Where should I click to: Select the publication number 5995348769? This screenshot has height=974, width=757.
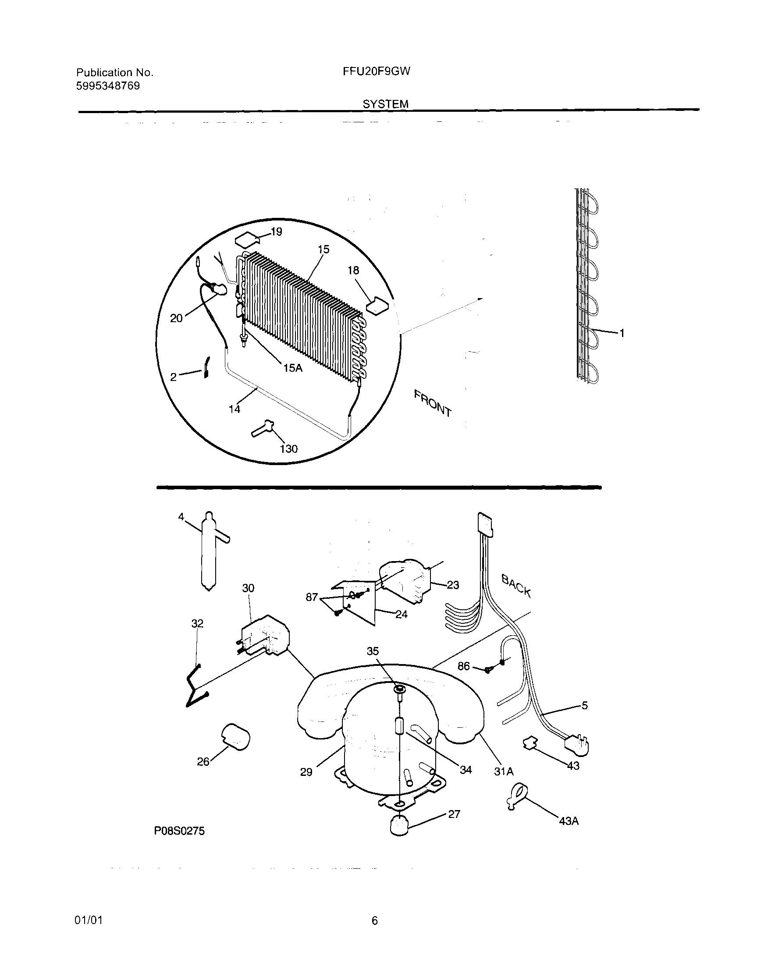pyautogui.click(x=108, y=86)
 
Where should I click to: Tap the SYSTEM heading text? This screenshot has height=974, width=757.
pyautogui.click(x=385, y=104)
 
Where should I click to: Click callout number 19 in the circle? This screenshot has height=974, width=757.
pyautogui.click(x=276, y=232)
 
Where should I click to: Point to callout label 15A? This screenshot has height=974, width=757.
pyautogui.click(x=293, y=368)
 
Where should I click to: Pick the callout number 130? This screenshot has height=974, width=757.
pyautogui.click(x=288, y=449)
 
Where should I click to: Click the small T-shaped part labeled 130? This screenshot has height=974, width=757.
pyautogui.click(x=262, y=428)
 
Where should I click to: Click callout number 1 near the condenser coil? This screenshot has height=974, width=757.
pyautogui.click(x=622, y=333)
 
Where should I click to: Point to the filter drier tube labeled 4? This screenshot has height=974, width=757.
pyautogui.click(x=209, y=552)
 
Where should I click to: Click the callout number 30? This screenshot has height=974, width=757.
pyautogui.click(x=248, y=588)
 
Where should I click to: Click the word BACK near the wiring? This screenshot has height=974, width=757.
pyautogui.click(x=516, y=586)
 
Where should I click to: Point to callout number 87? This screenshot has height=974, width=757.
pyautogui.click(x=311, y=597)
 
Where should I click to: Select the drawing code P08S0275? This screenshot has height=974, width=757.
pyautogui.click(x=179, y=831)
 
